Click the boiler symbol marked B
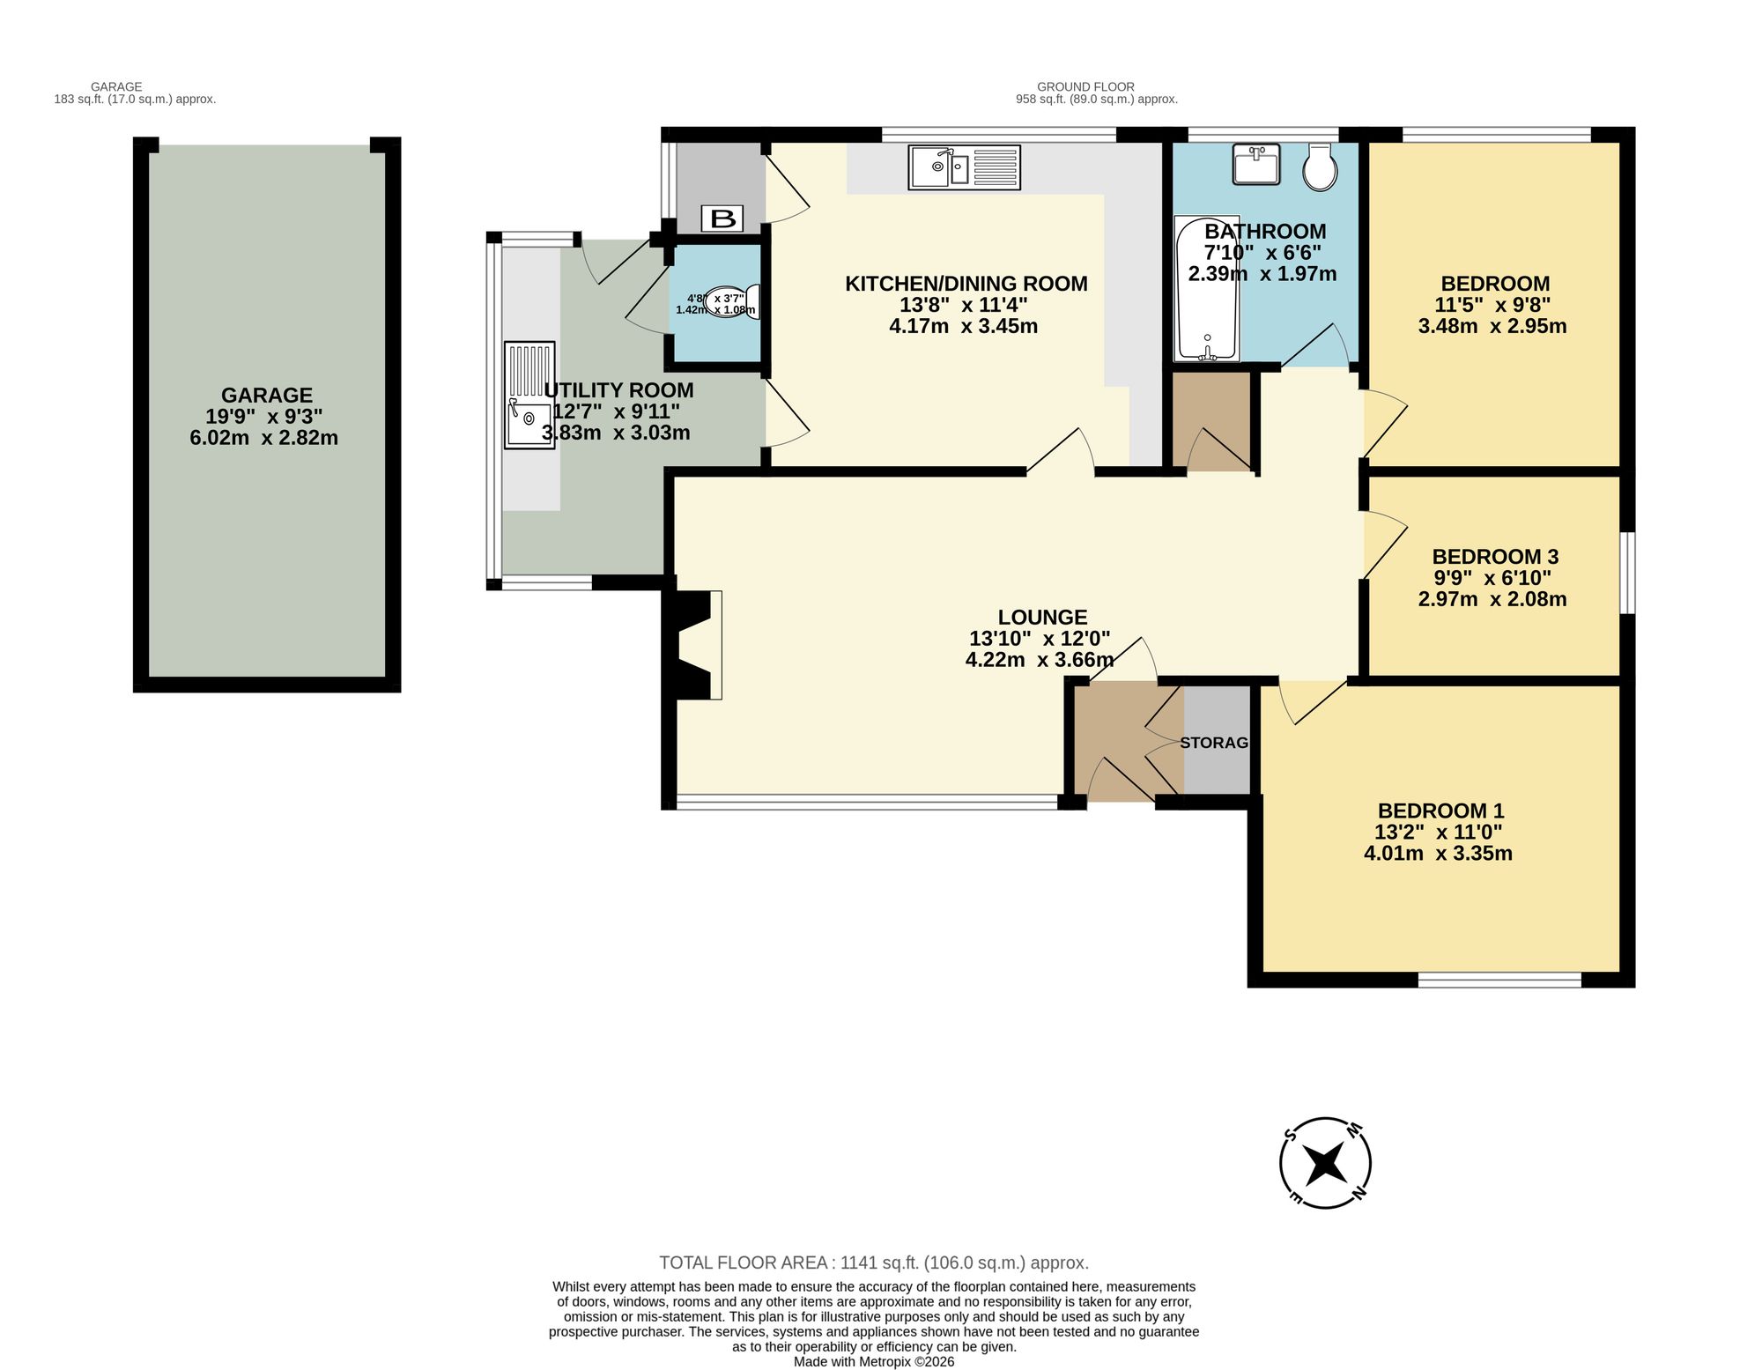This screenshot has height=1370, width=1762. click(x=722, y=218)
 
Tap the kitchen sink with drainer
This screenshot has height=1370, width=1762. click(x=964, y=167)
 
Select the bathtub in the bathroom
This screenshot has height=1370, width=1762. click(x=1206, y=288)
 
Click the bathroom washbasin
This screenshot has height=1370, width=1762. click(x=1255, y=164)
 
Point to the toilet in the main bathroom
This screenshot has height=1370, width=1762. click(x=1320, y=167)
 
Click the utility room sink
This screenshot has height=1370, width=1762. click(x=529, y=396)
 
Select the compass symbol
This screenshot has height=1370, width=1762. click(x=1325, y=1163)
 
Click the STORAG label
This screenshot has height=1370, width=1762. click(x=1214, y=743)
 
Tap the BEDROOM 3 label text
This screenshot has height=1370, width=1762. click(x=1495, y=557)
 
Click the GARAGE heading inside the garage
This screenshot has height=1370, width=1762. click(x=266, y=396)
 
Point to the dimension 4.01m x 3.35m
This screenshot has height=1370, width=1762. click(x=1438, y=853)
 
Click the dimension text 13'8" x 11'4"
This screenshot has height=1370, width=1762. click(x=964, y=305)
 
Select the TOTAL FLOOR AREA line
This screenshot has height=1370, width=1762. click(x=874, y=1263)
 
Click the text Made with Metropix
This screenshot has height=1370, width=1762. click(x=874, y=1361)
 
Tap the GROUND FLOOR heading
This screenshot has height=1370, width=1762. click(x=1085, y=86)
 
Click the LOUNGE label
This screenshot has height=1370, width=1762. click(x=1042, y=618)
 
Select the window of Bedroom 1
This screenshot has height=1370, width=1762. click(x=1499, y=980)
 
